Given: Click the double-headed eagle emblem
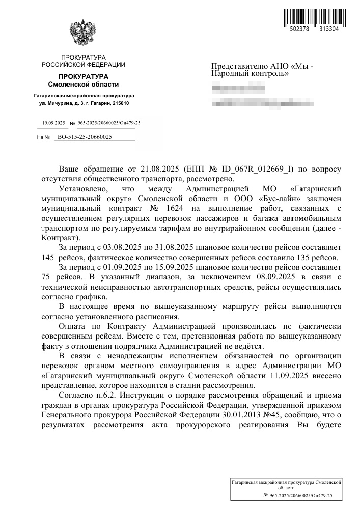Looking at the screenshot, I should tap(84, 34).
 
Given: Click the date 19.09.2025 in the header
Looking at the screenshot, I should tap(53, 123).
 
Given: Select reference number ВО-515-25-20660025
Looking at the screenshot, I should tap(85, 137).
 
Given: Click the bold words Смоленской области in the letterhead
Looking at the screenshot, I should tap(84, 83).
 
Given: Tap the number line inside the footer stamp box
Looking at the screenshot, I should tap(298, 495).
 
